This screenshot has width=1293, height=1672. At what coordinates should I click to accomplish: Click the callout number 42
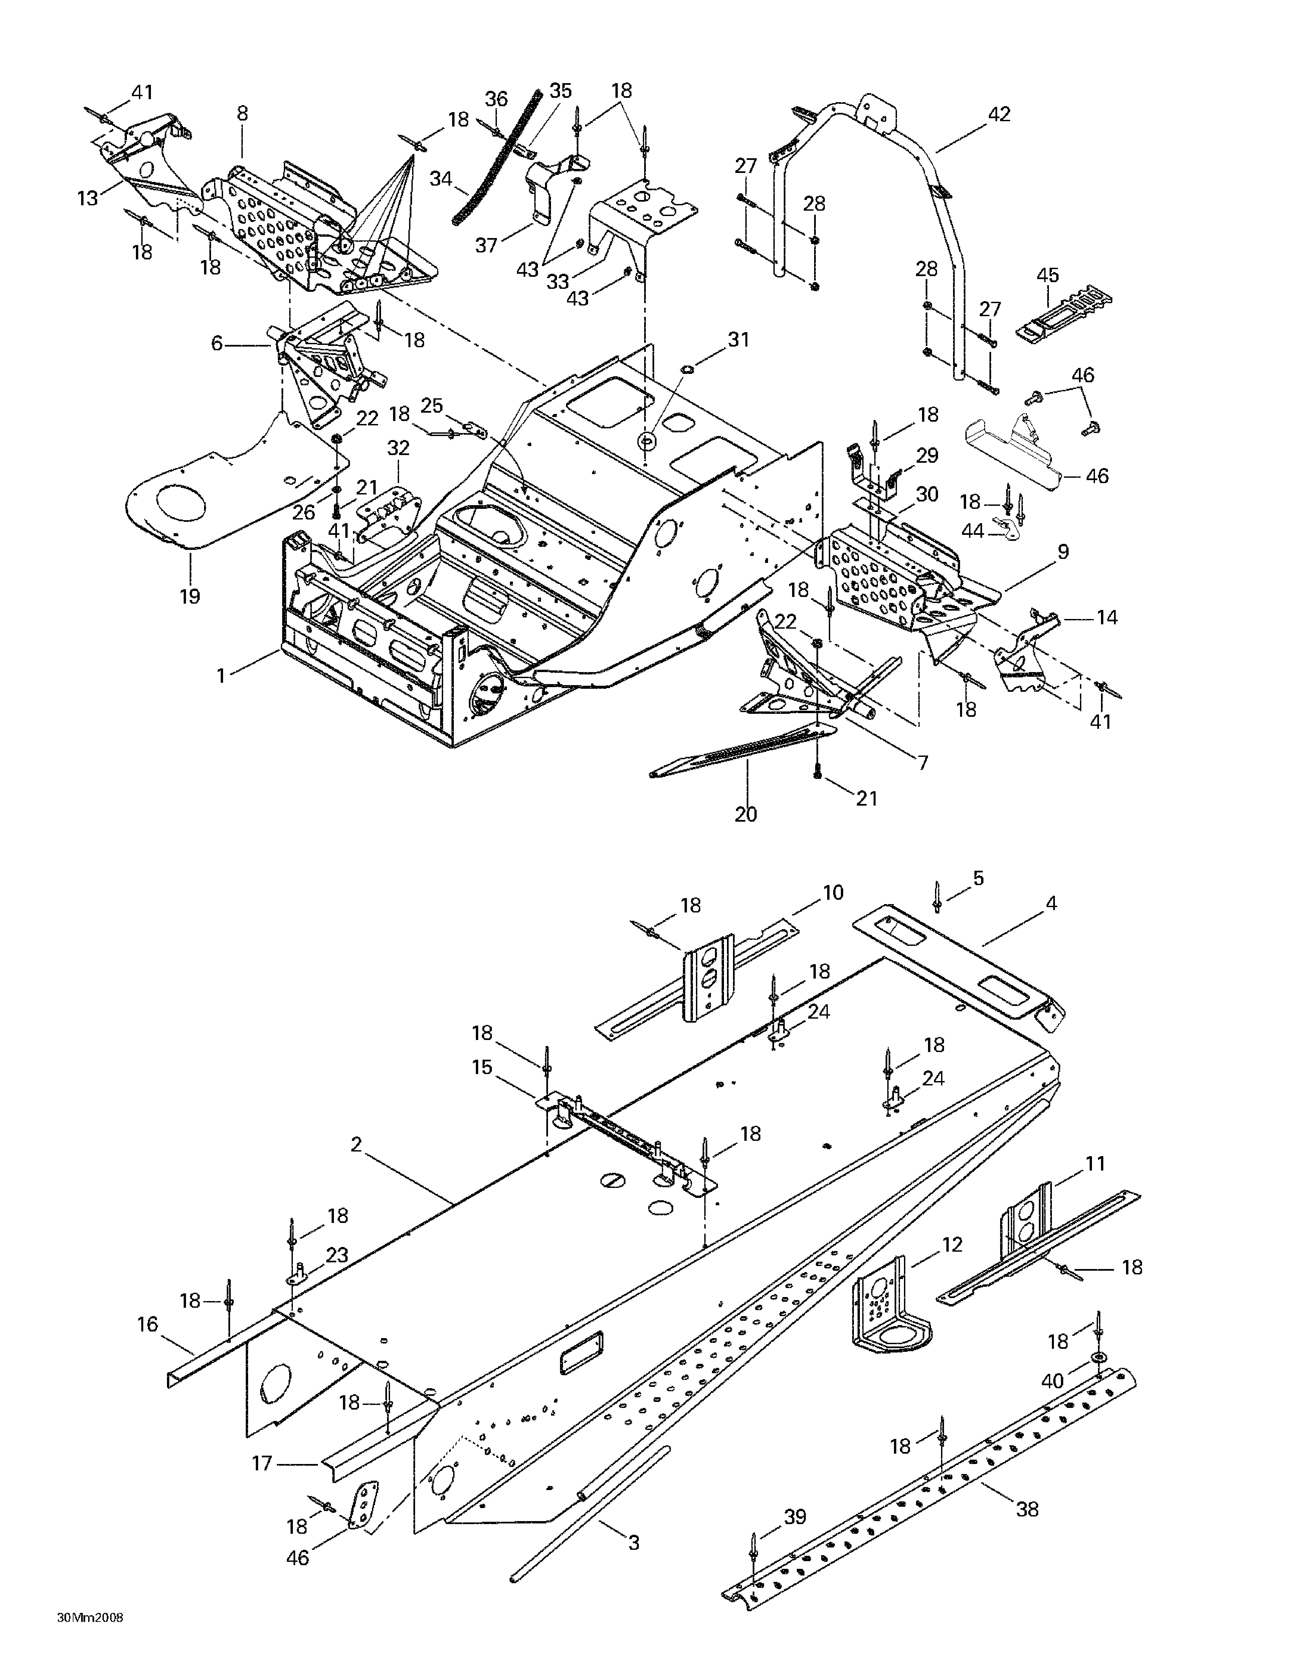pos(998,114)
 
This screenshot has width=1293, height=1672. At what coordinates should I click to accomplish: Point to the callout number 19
pos(190,596)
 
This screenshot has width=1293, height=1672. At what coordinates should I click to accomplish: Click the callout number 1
pos(221,676)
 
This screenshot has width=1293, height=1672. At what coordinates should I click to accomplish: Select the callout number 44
pos(973,531)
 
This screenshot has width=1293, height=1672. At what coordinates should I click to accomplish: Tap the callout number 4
pos(1051,903)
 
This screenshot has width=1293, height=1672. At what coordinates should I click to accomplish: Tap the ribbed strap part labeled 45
pos(1064,314)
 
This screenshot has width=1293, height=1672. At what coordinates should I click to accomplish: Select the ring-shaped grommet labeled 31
pos(647,442)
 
